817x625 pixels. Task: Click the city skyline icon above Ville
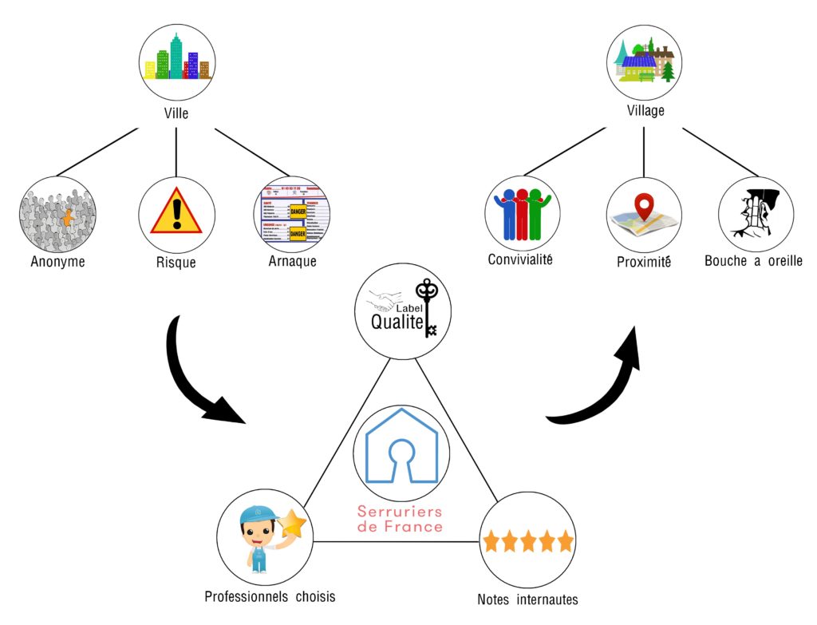coord(176,61)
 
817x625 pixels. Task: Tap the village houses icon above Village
coord(645,63)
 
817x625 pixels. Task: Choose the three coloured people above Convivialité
coord(523,213)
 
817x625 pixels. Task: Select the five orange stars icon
coord(528,542)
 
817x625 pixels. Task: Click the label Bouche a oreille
coord(753,261)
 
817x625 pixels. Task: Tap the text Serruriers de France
coord(400,519)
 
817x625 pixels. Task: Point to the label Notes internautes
coord(527,599)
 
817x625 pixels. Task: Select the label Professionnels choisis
coord(270,596)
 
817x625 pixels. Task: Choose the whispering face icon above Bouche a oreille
coord(755,213)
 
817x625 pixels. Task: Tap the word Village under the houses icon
coord(645,111)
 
